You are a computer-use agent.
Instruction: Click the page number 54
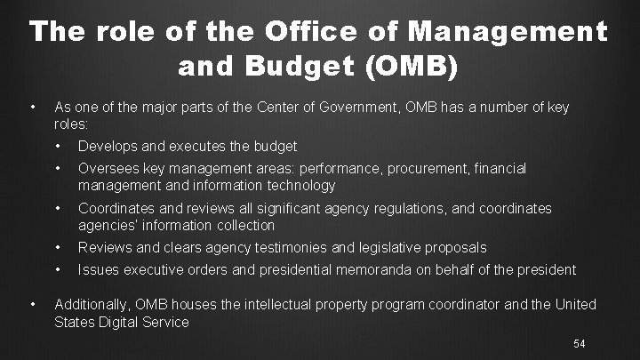point(580,343)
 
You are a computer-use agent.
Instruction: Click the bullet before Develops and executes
point(59,146)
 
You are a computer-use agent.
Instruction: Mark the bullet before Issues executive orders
point(59,269)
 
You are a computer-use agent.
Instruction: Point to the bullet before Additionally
point(33,304)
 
